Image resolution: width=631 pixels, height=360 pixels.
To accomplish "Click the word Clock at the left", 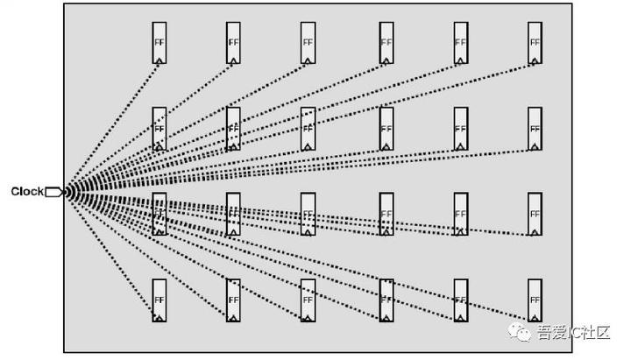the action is pyautogui.click(x=27, y=191).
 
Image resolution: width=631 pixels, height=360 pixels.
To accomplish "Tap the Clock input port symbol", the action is pyautogui.click(x=53, y=191).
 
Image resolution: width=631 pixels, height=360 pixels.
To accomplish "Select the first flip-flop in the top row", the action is pyautogui.click(x=159, y=43).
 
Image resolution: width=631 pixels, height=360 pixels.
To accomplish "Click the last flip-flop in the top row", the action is pyautogui.click(x=535, y=43).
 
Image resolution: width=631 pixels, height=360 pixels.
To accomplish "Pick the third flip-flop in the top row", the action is pyautogui.click(x=308, y=43).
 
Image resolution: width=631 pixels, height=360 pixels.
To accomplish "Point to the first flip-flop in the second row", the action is pyautogui.click(x=159, y=129).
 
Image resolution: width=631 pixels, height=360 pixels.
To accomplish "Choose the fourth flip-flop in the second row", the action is pyautogui.click(x=386, y=129).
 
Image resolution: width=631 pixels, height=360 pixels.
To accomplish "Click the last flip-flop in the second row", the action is pyautogui.click(x=535, y=129).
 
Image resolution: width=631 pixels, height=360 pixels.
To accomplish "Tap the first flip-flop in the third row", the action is pyautogui.click(x=159, y=214).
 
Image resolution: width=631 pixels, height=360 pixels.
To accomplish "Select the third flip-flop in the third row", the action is pyautogui.click(x=308, y=214).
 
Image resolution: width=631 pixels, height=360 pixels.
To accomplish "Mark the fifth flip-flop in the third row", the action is pyautogui.click(x=461, y=214).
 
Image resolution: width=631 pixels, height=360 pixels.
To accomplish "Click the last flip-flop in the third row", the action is pyautogui.click(x=535, y=214).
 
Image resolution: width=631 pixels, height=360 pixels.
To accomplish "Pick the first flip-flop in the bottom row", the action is pyautogui.click(x=159, y=300).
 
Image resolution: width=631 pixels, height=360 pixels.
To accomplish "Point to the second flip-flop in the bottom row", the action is pyautogui.click(x=233, y=300).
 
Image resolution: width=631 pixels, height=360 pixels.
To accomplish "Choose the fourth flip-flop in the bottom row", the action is pyautogui.click(x=386, y=300).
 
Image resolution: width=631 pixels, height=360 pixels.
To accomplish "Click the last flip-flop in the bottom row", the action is pyautogui.click(x=535, y=300).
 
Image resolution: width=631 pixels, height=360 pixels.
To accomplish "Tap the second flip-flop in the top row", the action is pyautogui.click(x=233, y=43).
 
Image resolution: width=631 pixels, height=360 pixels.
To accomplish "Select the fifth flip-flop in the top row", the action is pyautogui.click(x=461, y=43).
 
